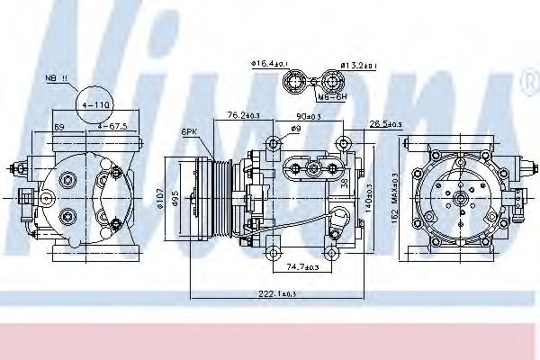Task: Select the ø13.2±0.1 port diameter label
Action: pyautogui.click(x=358, y=65)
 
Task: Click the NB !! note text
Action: pyautogui.click(x=57, y=79)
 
